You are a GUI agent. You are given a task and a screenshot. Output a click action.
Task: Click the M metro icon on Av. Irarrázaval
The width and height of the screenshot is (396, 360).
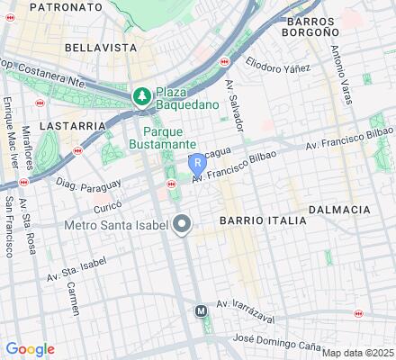[x=202, y=310]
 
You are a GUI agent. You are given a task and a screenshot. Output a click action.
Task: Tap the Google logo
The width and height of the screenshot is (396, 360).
[x=30, y=349]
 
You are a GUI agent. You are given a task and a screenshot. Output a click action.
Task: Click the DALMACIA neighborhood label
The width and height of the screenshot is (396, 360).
[x=339, y=210]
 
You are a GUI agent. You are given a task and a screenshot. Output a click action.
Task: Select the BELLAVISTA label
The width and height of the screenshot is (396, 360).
[x=100, y=46]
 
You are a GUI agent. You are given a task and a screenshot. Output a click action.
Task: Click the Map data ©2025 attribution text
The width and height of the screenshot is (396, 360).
[x=358, y=353]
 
